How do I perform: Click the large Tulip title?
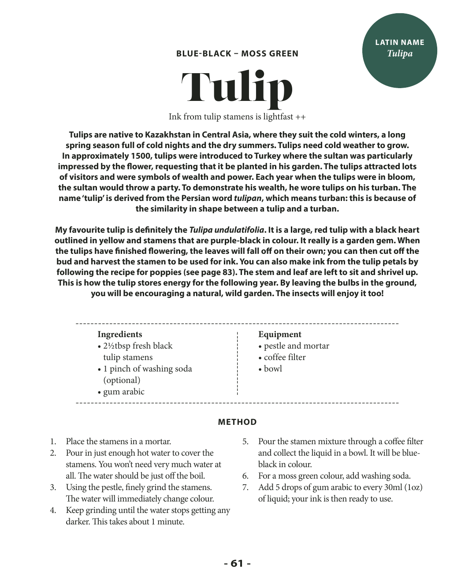coord(237,87)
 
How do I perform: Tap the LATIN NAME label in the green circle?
coord(399,42)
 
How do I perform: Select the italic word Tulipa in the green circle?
coord(400,53)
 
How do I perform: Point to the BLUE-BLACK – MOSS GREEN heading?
coord(237,54)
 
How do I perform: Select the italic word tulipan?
coord(248,198)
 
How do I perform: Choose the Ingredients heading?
coord(120,334)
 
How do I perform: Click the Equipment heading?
coord(280,334)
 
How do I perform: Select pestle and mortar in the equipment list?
coord(296,346)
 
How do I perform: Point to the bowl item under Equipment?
coord(273,369)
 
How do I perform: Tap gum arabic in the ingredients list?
coord(123,392)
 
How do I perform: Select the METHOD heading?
coord(237,422)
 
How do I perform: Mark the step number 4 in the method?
coord(53,510)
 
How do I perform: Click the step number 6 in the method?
coord(245,476)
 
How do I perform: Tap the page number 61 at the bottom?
coord(237,563)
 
